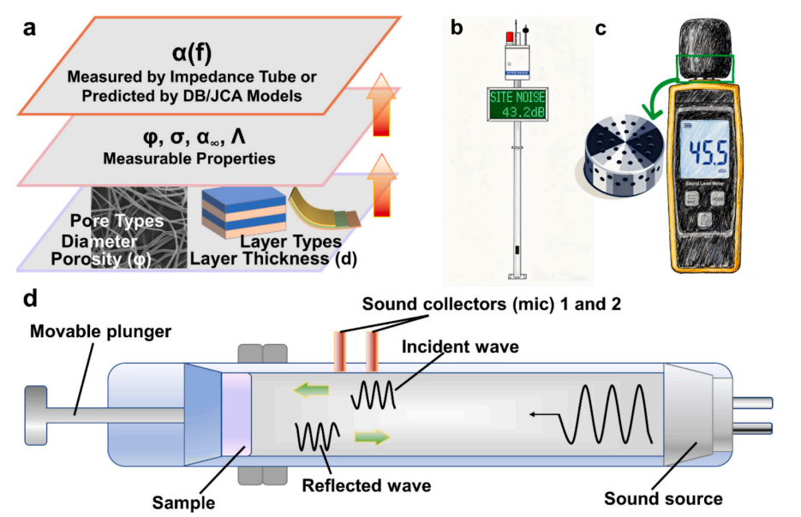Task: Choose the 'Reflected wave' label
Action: tap(366, 485)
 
